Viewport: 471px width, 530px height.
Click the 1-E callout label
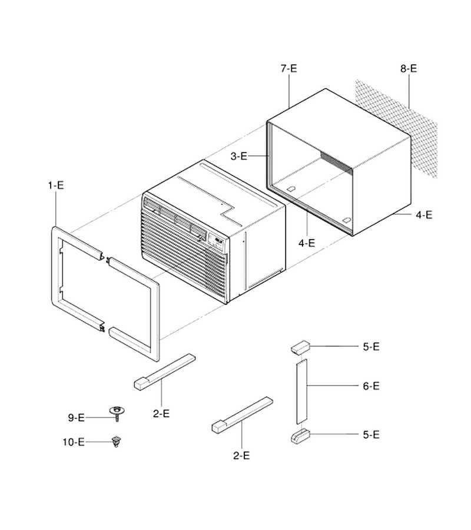[56, 185]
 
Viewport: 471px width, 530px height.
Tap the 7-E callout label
[289, 68]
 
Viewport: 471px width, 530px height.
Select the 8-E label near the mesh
[409, 68]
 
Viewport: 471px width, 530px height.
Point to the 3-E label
[239, 156]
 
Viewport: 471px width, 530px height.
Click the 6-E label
[371, 386]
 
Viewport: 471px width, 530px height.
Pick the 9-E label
[77, 418]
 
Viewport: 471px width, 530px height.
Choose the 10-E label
[74, 442]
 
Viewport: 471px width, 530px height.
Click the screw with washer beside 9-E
[117, 414]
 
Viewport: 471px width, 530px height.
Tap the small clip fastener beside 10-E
[116, 442]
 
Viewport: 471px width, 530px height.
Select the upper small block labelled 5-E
[300, 347]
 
